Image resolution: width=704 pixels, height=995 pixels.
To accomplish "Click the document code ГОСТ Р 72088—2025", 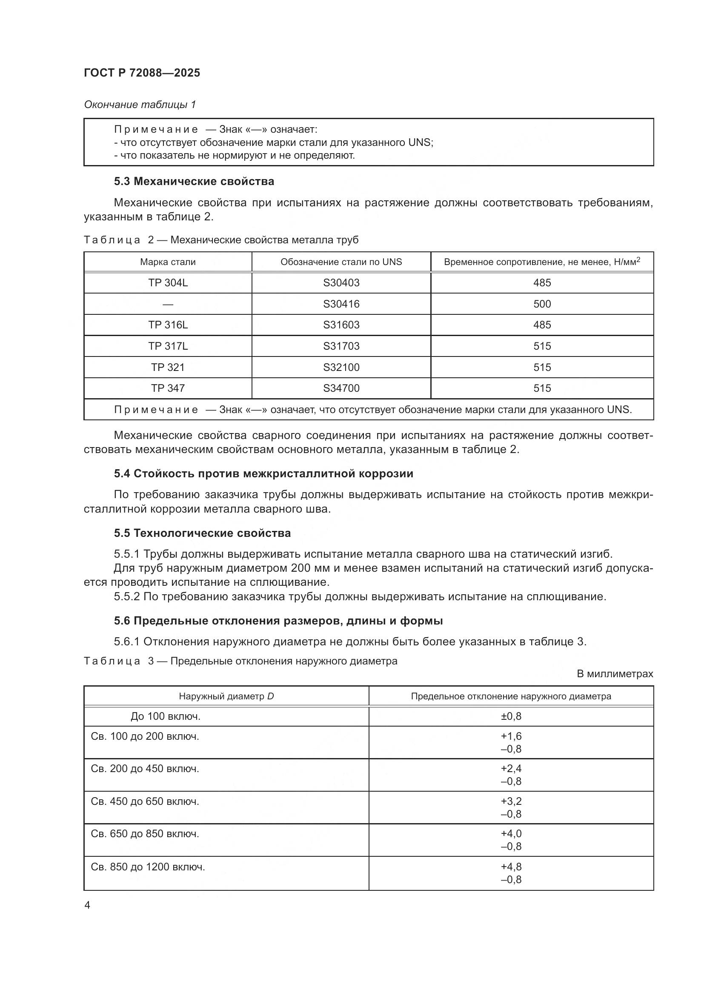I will (142, 73).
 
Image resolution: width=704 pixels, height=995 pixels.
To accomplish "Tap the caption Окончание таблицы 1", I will (140, 105).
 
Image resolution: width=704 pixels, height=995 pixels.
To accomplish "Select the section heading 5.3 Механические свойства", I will (194, 181).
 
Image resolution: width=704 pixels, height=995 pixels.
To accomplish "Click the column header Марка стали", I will (168, 262).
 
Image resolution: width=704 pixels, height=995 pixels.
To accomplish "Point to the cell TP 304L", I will (168, 282).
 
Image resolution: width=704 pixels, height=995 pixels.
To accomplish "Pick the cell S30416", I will (341, 304).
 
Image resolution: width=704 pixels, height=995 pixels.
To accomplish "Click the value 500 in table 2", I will (542, 304).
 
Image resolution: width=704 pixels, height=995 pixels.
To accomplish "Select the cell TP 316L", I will (168, 325).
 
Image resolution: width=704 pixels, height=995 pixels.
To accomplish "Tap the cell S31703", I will (341, 346).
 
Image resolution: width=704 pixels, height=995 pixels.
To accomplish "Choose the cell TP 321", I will (168, 367).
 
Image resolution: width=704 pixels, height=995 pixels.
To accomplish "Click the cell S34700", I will (341, 388).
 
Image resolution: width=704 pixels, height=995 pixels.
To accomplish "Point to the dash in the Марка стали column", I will (168, 304).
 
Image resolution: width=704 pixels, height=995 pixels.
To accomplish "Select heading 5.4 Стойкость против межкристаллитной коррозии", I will (263, 473).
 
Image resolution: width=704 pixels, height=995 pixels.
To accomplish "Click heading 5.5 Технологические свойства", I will (202, 533).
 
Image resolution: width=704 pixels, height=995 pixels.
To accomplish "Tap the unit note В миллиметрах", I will (615, 674).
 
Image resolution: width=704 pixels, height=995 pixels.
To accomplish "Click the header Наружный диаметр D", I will (226, 696).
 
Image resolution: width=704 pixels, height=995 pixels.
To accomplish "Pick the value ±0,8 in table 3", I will (511, 716).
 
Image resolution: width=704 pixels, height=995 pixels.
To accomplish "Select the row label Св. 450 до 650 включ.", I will (145, 802).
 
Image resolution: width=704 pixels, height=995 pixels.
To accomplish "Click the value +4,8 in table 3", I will (511, 867).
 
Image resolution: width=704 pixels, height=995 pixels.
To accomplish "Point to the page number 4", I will (87, 905).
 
